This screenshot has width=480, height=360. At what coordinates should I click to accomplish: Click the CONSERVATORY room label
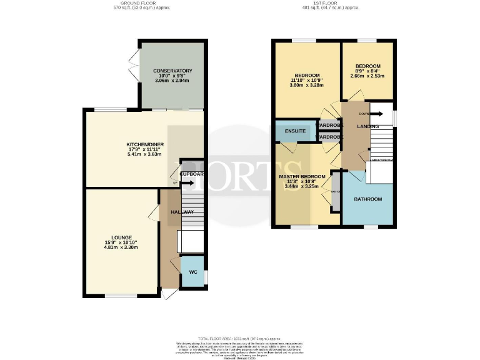pos(172,71)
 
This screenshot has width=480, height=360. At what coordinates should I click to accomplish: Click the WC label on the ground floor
pos(192,272)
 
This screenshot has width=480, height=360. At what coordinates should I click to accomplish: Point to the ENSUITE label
pos(295,132)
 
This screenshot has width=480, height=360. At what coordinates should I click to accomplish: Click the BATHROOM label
pos(367,199)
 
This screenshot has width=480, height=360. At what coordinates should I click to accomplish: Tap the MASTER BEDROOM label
pos(302,177)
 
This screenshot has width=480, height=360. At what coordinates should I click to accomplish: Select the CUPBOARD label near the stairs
pos(192,174)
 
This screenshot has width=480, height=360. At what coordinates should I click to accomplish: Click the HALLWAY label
pos(182,212)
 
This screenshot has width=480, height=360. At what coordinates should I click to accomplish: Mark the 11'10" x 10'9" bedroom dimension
pos(307,81)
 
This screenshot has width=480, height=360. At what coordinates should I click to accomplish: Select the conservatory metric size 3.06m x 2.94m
pos(172,81)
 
